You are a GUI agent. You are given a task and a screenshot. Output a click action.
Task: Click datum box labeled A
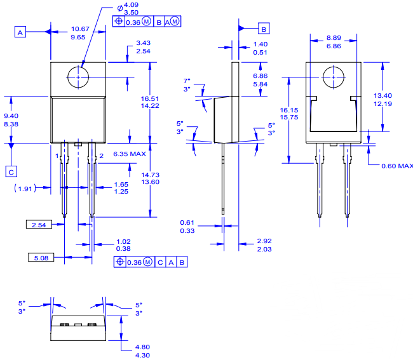[21, 31]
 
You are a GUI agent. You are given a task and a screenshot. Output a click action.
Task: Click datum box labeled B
[264, 28]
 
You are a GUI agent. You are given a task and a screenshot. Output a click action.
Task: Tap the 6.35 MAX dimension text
[130, 154]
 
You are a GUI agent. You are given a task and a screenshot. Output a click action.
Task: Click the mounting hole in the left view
[78, 77]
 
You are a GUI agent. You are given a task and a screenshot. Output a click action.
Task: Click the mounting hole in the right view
[332, 77]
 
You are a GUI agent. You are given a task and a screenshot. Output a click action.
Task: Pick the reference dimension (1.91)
[25, 189]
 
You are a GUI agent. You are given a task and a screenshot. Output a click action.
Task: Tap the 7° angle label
[187, 81]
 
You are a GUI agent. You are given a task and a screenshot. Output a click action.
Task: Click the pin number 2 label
[101, 156]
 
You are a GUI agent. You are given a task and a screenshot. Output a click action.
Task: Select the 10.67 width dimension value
[80, 29]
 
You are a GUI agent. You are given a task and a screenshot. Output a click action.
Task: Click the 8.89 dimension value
[334, 38]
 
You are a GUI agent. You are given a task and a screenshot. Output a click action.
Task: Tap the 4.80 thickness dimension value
[144, 347]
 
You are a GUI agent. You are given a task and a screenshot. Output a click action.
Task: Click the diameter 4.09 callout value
[132, 5]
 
